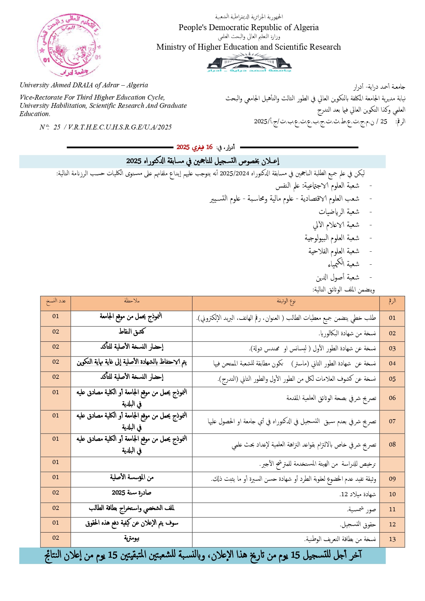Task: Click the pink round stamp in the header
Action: (x=69, y=45)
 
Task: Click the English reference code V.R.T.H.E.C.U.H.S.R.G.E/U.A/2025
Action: (x=120, y=127)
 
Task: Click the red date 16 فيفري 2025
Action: (x=195, y=147)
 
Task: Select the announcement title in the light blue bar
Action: (x=203, y=161)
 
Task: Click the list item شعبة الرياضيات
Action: (x=339, y=212)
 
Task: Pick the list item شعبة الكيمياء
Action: (x=343, y=264)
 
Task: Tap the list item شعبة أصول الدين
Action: (x=337, y=277)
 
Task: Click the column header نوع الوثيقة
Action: (x=286, y=301)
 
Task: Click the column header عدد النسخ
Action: (x=56, y=301)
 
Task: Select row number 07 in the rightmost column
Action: (x=392, y=421)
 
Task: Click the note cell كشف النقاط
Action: (x=132, y=331)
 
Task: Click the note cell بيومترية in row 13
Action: (x=132, y=538)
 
